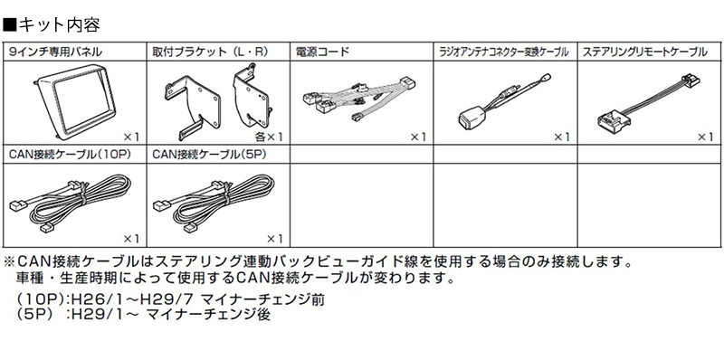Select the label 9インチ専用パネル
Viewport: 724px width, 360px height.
pos(49,52)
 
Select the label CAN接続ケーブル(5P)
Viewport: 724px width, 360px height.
pos(205,155)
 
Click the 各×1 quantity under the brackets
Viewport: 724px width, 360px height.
pos(269,137)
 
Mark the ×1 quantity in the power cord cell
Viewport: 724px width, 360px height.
pos(415,137)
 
